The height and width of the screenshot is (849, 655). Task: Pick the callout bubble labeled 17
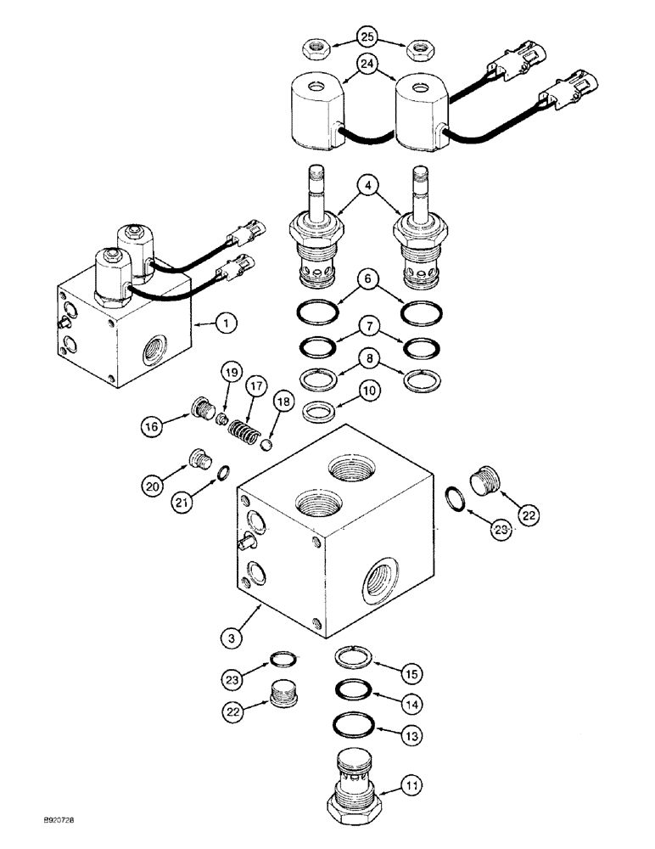pyautogui.click(x=255, y=385)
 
